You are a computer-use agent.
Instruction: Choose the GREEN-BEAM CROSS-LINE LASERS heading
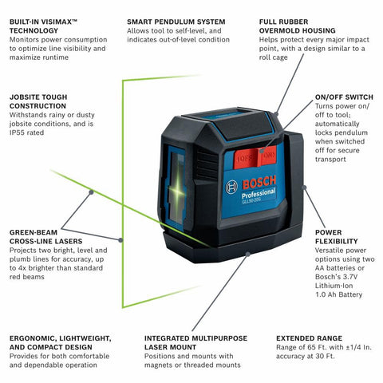46,237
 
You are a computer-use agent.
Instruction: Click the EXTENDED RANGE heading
309,338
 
